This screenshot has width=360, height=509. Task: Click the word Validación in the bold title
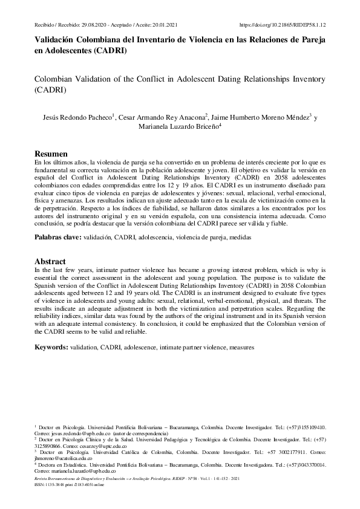[x=55, y=41]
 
